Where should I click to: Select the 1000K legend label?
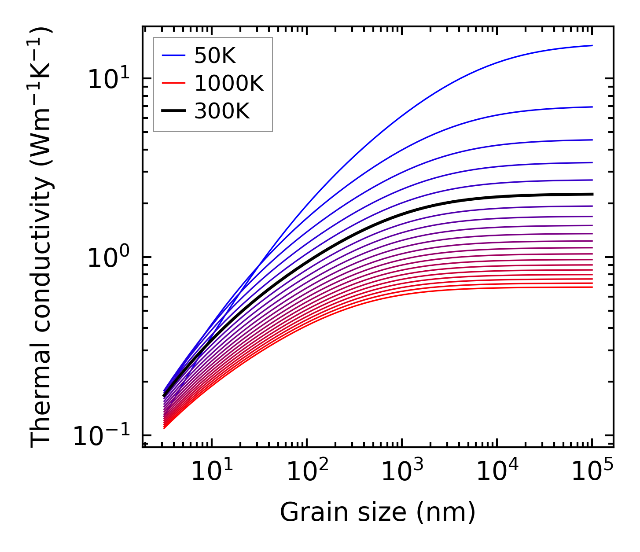228,83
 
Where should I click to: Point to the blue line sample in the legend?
173,55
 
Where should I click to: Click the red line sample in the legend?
173,83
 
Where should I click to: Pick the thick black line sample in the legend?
173,111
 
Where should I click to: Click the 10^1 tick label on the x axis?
211,472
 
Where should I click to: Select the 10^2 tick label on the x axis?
306,472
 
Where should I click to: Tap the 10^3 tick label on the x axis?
401,472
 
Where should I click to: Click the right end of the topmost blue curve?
592,45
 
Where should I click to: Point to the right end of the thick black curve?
592,194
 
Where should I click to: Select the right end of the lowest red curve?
592,287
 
